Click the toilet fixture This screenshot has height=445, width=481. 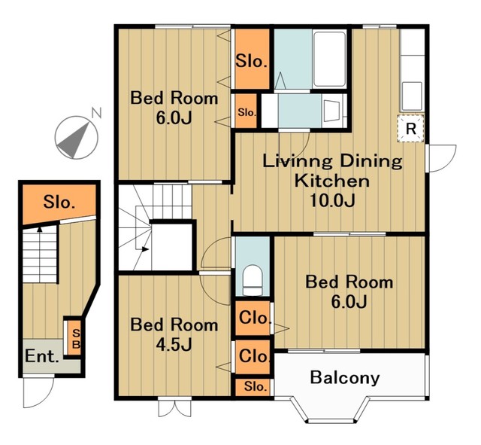pyautogui.click(x=253, y=280)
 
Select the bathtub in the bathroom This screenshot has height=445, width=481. pyautogui.click(x=329, y=59)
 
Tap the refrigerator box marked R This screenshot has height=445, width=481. pyautogui.click(x=411, y=129)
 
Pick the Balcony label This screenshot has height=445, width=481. pyautogui.click(x=345, y=377)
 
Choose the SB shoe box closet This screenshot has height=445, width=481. pyautogui.click(x=74, y=338)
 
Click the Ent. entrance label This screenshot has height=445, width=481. pyautogui.click(x=42, y=356)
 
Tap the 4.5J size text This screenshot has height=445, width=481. pyautogui.click(x=174, y=345)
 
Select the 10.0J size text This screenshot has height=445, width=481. pyautogui.click(x=332, y=201)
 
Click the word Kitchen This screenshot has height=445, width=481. pyautogui.click(x=332, y=181)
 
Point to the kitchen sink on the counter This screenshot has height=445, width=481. pyautogui.click(x=412, y=96)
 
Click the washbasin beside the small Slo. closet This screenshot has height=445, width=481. pyautogui.click(x=331, y=111)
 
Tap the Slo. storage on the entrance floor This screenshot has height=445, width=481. pyautogui.click(x=59, y=203)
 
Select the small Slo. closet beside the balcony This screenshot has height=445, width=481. pyautogui.click(x=254, y=386)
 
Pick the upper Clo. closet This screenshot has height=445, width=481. pyautogui.click(x=253, y=318)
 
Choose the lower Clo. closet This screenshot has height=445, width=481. pyautogui.click(x=253, y=356)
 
